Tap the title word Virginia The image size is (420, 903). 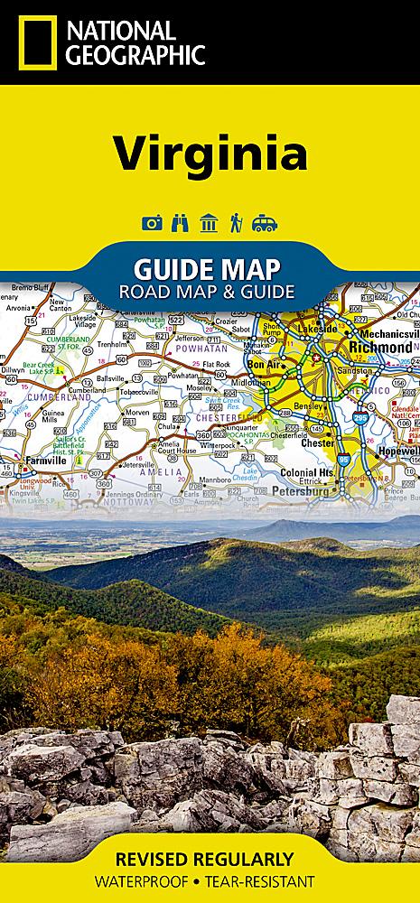click(x=210, y=152)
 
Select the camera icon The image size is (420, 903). click(x=152, y=222)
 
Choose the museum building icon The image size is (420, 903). click(x=209, y=222)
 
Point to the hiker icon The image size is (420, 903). click(x=236, y=222)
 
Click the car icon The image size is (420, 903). click(x=265, y=222)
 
